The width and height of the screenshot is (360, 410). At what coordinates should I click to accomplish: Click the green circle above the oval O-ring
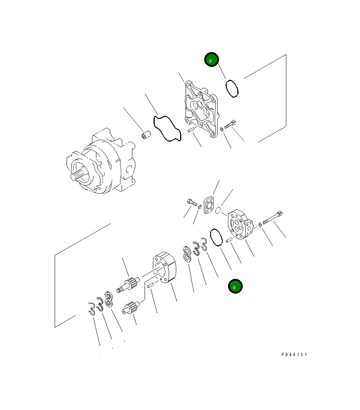click(211, 60)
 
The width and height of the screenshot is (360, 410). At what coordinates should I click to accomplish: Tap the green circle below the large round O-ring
click(235, 287)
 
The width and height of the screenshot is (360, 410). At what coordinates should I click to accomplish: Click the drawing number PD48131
click(294, 354)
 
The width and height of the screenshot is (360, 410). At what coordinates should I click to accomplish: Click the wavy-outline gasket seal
click(166, 129)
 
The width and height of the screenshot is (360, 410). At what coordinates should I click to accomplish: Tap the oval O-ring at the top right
click(232, 89)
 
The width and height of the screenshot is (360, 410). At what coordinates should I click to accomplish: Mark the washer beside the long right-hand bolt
click(260, 225)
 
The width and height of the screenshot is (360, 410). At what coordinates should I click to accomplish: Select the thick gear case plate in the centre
click(165, 268)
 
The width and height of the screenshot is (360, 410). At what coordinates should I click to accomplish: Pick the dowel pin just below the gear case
click(150, 286)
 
